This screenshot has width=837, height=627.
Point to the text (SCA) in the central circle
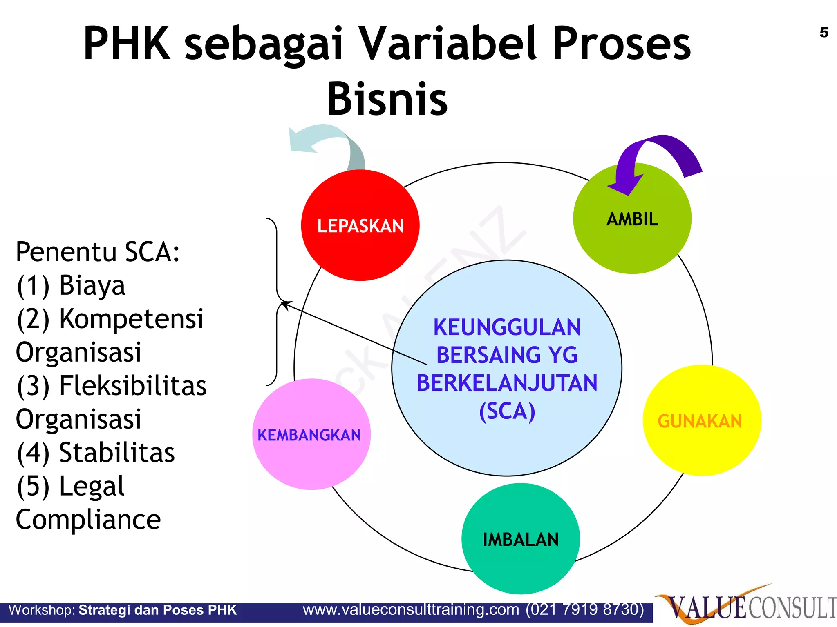pyautogui.click(x=507, y=411)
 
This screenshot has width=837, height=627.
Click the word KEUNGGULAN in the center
pyautogui.click(x=507, y=327)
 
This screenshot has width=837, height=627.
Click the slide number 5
pyautogui.click(x=824, y=33)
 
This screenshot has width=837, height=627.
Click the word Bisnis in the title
pyautogui.click(x=387, y=99)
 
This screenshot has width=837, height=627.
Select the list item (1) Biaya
pyautogui.click(x=71, y=285)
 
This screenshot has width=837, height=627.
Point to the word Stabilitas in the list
pyautogui.click(x=117, y=453)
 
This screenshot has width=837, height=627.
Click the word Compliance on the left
pyautogui.click(x=88, y=520)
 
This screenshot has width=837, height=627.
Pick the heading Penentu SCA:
pyautogui.click(x=97, y=252)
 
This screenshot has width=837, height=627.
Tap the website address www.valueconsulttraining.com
pyautogui.click(x=411, y=610)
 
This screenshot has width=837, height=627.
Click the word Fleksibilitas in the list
pyautogui.click(x=133, y=386)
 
